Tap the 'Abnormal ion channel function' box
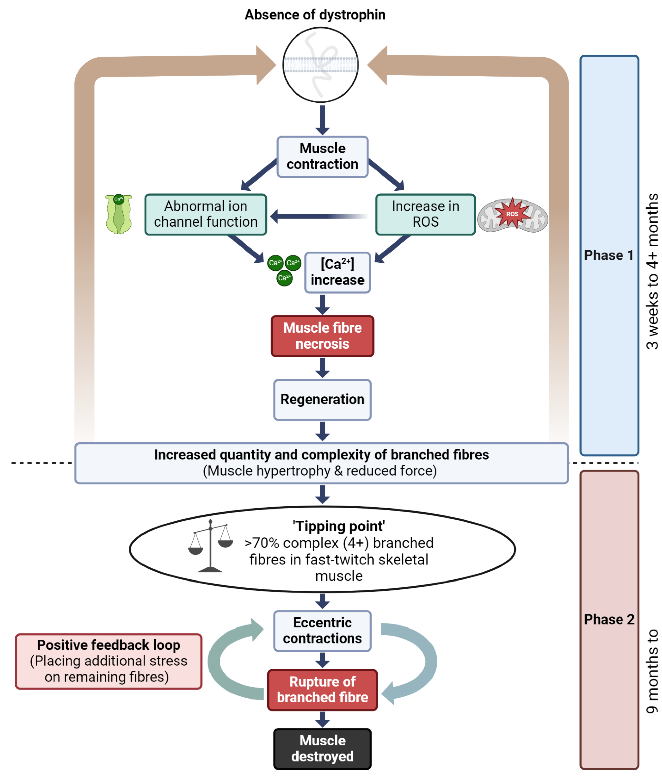(206, 214)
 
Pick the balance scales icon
(210, 546)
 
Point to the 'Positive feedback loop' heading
(108, 645)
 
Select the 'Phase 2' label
(609, 619)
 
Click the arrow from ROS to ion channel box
(319, 216)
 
